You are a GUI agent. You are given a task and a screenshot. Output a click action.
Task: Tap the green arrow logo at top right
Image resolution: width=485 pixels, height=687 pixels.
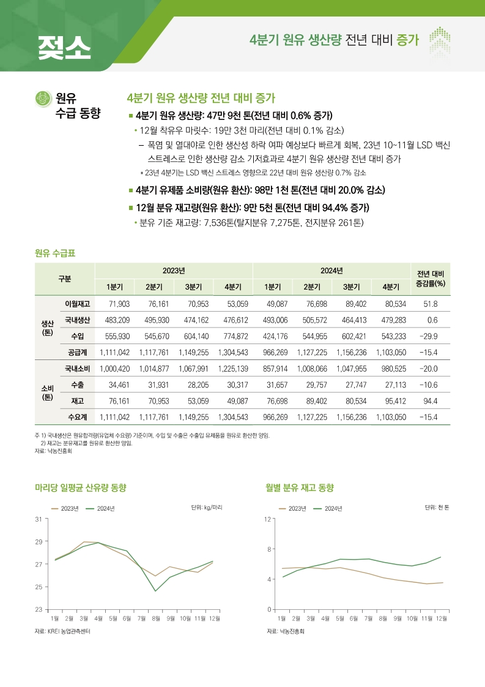pyautogui.click(x=440, y=40)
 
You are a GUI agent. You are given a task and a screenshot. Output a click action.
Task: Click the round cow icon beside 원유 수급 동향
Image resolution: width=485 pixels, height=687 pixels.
pyautogui.click(x=43, y=99)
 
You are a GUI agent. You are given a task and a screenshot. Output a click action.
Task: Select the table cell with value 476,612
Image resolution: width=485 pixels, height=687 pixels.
pyautogui.click(x=232, y=320)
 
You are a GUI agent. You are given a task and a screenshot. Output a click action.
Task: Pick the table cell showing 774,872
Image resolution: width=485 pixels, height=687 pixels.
pyautogui.click(x=232, y=336)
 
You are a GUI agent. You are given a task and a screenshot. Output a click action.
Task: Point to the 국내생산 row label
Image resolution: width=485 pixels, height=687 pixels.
pyautogui.click(x=78, y=320)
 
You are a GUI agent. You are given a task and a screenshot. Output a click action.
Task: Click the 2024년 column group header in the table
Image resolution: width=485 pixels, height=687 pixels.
pyautogui.click(x=331, y=271)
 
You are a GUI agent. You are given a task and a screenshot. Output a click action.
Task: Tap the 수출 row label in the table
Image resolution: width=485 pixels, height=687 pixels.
pyautogui.click(x=78, y=385)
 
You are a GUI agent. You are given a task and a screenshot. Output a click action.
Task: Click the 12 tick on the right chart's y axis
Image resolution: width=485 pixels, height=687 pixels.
pyautogui.click(x=268, y=519)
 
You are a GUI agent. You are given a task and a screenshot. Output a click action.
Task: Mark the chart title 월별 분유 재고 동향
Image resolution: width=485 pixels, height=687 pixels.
pyautogui.click(x=300, y=488)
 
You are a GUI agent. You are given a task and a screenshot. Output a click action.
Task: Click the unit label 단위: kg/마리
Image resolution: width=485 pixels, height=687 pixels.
pyautogui.click(x=207, y=508)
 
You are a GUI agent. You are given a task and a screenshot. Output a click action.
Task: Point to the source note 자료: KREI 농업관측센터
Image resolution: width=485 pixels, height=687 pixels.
pyautogui.click(x=62, y=631)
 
